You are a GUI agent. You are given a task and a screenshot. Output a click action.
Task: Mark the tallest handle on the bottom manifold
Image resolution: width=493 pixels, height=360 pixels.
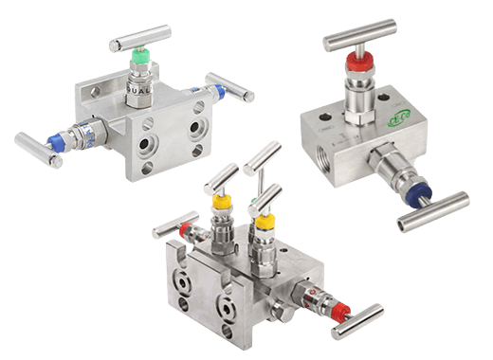(263, 159)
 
